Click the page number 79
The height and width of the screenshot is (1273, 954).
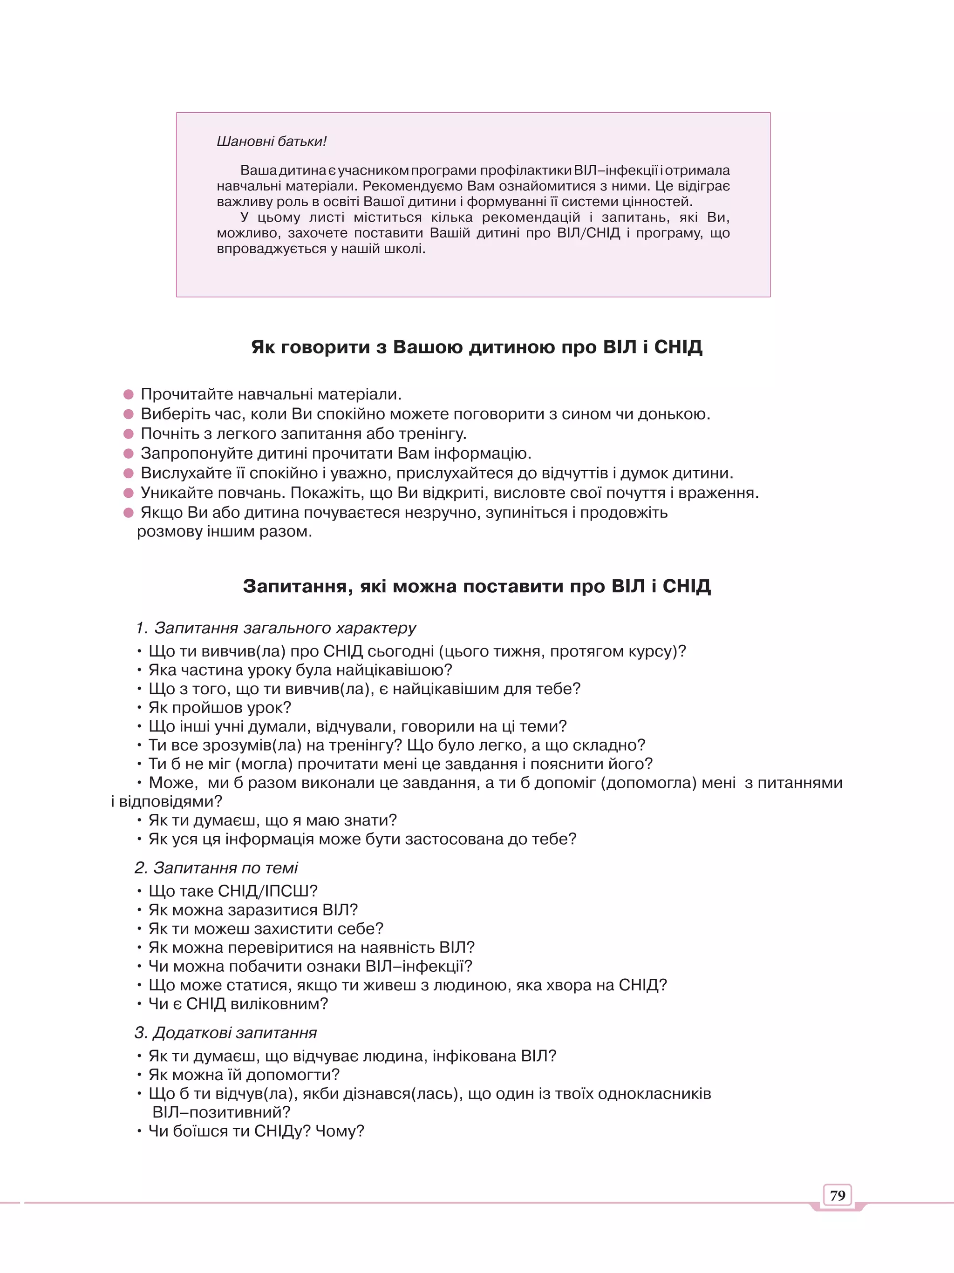(x=837, y=1195)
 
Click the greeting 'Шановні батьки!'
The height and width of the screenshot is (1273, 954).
(x=271, y=142)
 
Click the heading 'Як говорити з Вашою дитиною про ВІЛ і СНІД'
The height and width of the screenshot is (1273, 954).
(x=477, y=347)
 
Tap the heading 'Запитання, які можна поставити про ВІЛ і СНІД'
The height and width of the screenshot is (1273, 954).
(x=477, y=586)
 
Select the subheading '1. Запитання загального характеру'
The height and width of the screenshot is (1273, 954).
(x=276, y=627)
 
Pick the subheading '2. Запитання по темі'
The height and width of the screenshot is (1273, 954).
(x=217, y=867)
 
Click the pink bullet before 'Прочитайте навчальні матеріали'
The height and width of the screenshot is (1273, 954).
(x=129, y=394)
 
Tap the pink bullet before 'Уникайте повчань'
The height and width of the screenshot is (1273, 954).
(x=129, y=493)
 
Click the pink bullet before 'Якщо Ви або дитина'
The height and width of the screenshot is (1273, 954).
(x=129, y=512)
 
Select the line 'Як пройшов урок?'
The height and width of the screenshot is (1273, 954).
(x=220, y=707)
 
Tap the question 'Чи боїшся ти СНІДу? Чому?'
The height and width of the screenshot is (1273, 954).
(x=256, y=1131)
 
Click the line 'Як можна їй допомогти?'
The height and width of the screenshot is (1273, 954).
(x=244, y=1075)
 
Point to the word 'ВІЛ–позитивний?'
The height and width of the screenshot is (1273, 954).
(x=221, y=1112)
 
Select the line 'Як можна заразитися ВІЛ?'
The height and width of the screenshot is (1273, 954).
(x=253, y=910)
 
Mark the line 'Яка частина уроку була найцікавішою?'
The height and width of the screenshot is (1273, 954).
(x=300, y=670)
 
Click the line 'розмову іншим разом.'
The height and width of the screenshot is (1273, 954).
(x=225, y=531)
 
